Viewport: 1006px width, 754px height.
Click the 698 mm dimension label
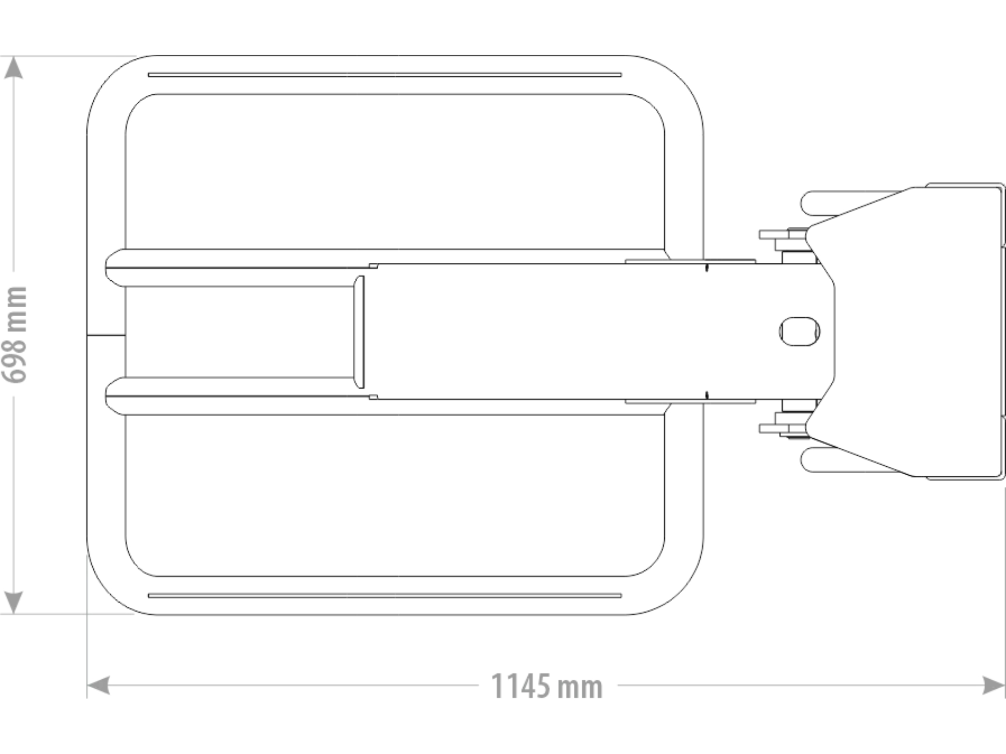coord(14,335)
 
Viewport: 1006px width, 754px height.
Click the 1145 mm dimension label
coord(547,686)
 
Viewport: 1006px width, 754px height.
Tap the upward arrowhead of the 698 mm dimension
coord(13,67)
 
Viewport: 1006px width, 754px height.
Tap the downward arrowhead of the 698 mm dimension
coord(13,603)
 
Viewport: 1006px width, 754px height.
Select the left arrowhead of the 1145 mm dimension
coord(98,685)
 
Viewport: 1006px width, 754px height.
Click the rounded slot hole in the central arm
coord(799,332)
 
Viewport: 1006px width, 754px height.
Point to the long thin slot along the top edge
coord(385,75)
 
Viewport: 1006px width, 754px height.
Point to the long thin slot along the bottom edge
coord(385,595)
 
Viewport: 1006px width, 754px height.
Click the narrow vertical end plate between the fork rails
coord(359,332)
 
